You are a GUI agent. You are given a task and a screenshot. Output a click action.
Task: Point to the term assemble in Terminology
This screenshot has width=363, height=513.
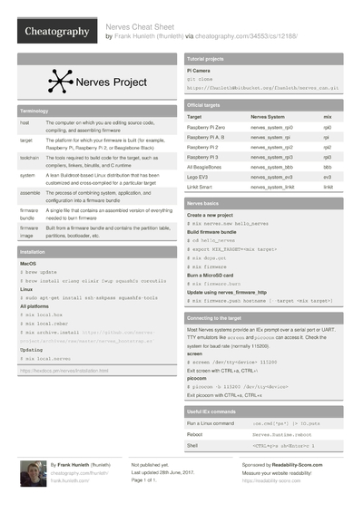click(29, 193)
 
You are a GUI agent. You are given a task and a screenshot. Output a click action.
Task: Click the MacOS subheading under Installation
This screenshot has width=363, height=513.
click(28, 262)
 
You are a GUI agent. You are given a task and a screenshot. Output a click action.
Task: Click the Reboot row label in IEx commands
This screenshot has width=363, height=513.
click(196, 434)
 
